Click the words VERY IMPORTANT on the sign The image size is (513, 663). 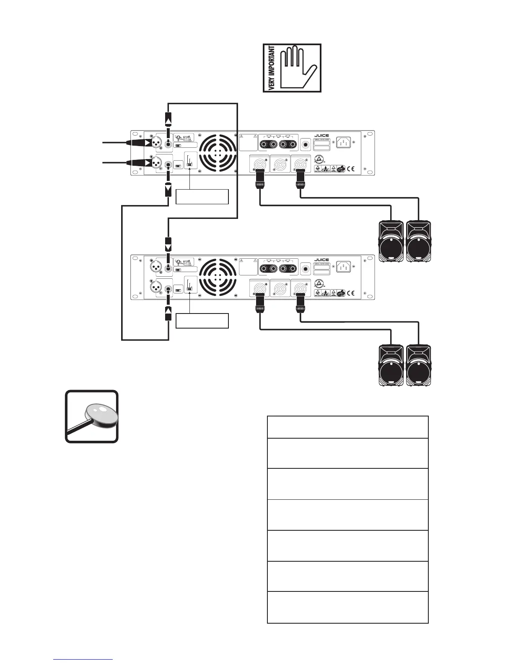(x=271, y=68)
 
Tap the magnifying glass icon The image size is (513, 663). (x=92, y=416)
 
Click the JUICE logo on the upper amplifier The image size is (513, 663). (x=321, y=136)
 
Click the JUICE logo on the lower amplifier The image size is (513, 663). (x=321, y=260)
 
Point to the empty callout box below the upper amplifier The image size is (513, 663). (x=202, y=197)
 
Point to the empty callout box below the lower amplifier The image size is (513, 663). (x=202, y=321)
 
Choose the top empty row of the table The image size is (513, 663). (x=347, y=427)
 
